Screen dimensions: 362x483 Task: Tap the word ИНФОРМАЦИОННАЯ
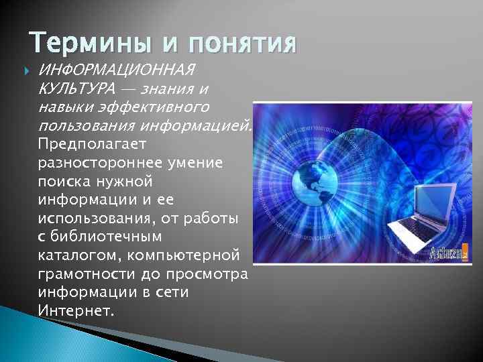click(117, 70)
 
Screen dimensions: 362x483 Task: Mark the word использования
click(97, 219)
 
